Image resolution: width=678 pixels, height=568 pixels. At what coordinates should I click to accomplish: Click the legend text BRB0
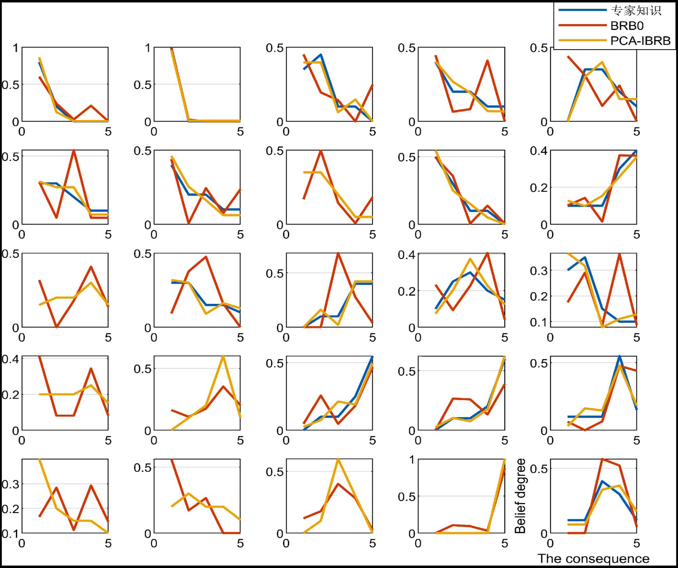(x=627, y=26)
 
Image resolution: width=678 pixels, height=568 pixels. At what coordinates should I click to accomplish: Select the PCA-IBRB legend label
(x=640, y=41)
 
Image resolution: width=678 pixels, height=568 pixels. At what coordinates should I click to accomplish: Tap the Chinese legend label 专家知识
(x=636, y=11)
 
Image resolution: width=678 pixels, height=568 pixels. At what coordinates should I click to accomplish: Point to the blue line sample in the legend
(x=582, y=10)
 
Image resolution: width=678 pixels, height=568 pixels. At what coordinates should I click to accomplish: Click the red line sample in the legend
(x=582, y=25)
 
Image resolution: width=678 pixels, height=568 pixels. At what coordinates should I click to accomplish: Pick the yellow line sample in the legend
(x=582, y=40)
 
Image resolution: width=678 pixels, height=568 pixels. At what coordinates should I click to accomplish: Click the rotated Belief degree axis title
(x=520, y=496)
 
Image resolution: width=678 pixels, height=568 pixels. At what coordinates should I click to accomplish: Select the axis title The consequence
(x=593, y=559)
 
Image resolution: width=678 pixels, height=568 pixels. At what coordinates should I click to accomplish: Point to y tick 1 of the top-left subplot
(x=16, y=48)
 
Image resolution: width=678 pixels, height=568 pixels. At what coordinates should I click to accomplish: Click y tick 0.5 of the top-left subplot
(x=11, y=84)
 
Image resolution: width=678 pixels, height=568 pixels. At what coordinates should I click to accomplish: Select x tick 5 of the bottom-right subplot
(x=637, y=543)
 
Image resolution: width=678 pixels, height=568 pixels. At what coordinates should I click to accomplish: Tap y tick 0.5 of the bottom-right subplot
(x=539, y=469)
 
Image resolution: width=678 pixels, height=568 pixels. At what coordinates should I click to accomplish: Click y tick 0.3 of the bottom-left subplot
(x=11, y=484)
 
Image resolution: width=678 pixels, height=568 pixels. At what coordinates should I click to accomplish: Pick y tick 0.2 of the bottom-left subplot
(x=11, y=509)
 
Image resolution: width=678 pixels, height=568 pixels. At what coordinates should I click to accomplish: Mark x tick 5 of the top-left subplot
(x=108, y=132)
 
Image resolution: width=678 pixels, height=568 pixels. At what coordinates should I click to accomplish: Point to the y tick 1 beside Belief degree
(x=412, y=460)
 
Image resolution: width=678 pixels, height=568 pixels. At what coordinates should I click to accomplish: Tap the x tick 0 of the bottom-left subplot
(x=22, y=543)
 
